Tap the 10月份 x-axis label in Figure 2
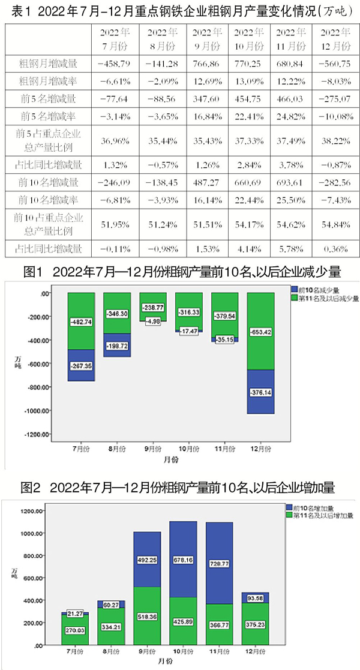click(188, 652)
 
